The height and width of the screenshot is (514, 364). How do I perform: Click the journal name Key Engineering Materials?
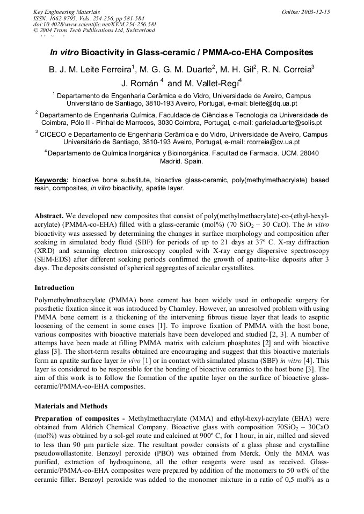click(x=66, y=11)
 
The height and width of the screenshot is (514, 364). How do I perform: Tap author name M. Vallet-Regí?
click(x=205, y=83)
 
